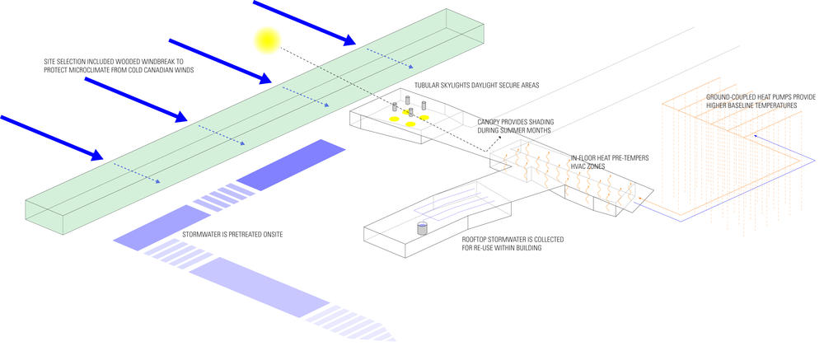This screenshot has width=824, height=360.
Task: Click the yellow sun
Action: click(267, 39)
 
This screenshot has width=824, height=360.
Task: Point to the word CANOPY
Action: click(489, 122)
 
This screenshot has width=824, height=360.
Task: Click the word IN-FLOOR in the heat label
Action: click(584, 157)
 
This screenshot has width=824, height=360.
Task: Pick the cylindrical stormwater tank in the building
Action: click(423, 227)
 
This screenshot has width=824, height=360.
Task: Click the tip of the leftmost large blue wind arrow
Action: click(101, 157)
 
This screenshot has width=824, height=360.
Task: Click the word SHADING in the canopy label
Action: click(539, 122)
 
